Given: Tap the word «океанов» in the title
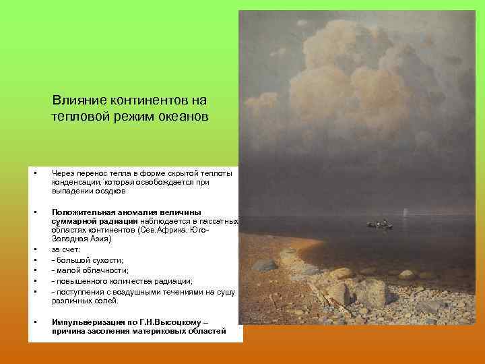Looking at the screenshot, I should pyautogui.click(x=182, y=116).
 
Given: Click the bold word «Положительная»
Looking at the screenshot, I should pyautogui.click(x=85, y=212).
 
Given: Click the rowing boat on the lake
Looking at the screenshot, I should pyautogui.click(x=379, y=225).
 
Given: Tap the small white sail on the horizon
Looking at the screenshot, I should pyautogui.click(x=406, y=212).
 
